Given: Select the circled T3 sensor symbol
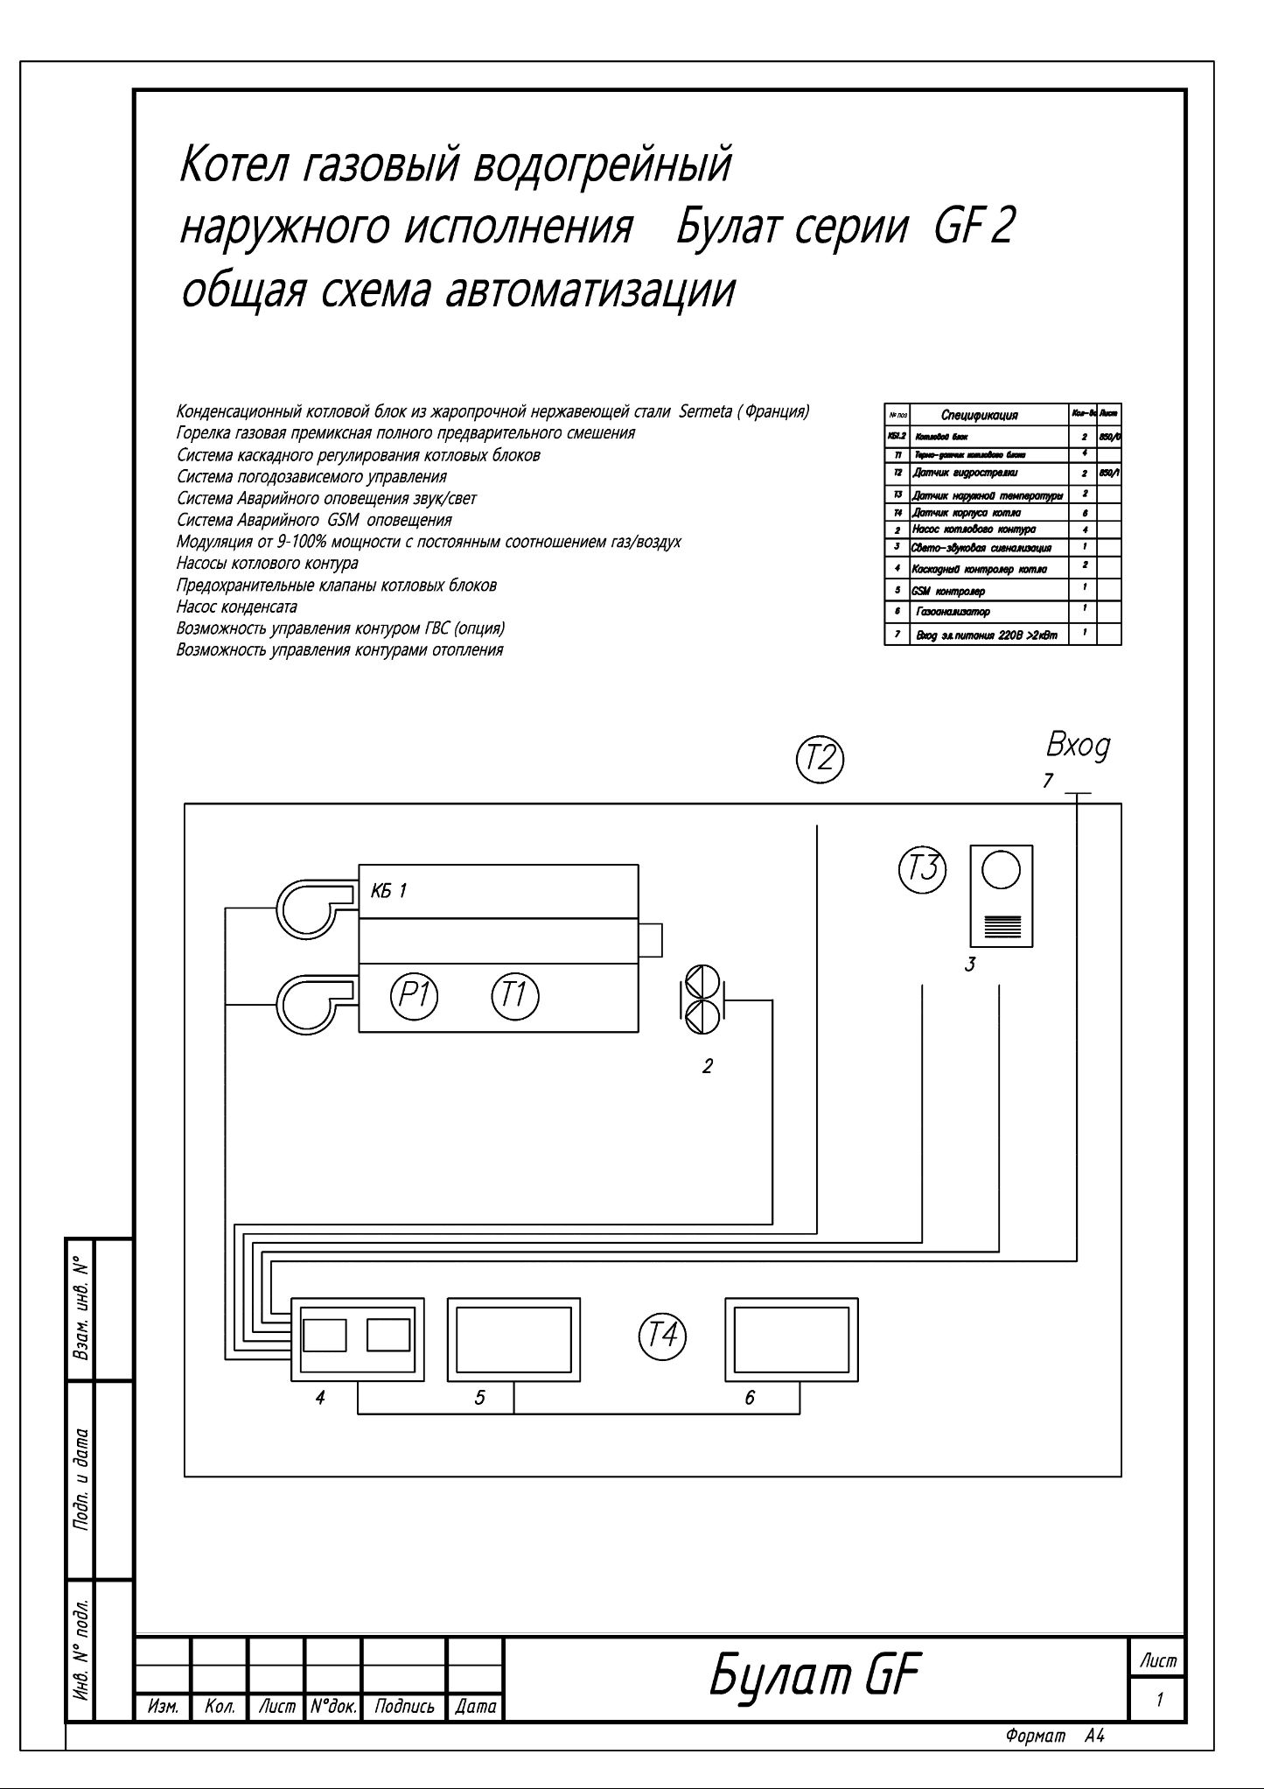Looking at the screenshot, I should click(922, 869).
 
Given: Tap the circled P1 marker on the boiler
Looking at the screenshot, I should click(414, 996).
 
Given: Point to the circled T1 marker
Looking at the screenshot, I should click(515, 996).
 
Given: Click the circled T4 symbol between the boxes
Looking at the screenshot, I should click(663, 1336).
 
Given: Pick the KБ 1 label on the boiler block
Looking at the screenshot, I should click(388, 891).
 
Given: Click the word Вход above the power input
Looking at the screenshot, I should click(1078, 747).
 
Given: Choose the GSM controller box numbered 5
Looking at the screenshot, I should click(513, 1339).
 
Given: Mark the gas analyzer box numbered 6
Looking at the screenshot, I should click(792, 1339).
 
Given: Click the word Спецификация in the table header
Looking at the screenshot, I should click(979, 414).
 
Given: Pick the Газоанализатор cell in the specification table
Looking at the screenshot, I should click(954, 611).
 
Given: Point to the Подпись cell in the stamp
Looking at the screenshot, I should click(404, 1706).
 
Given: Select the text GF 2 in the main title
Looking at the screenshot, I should click(974, 228).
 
